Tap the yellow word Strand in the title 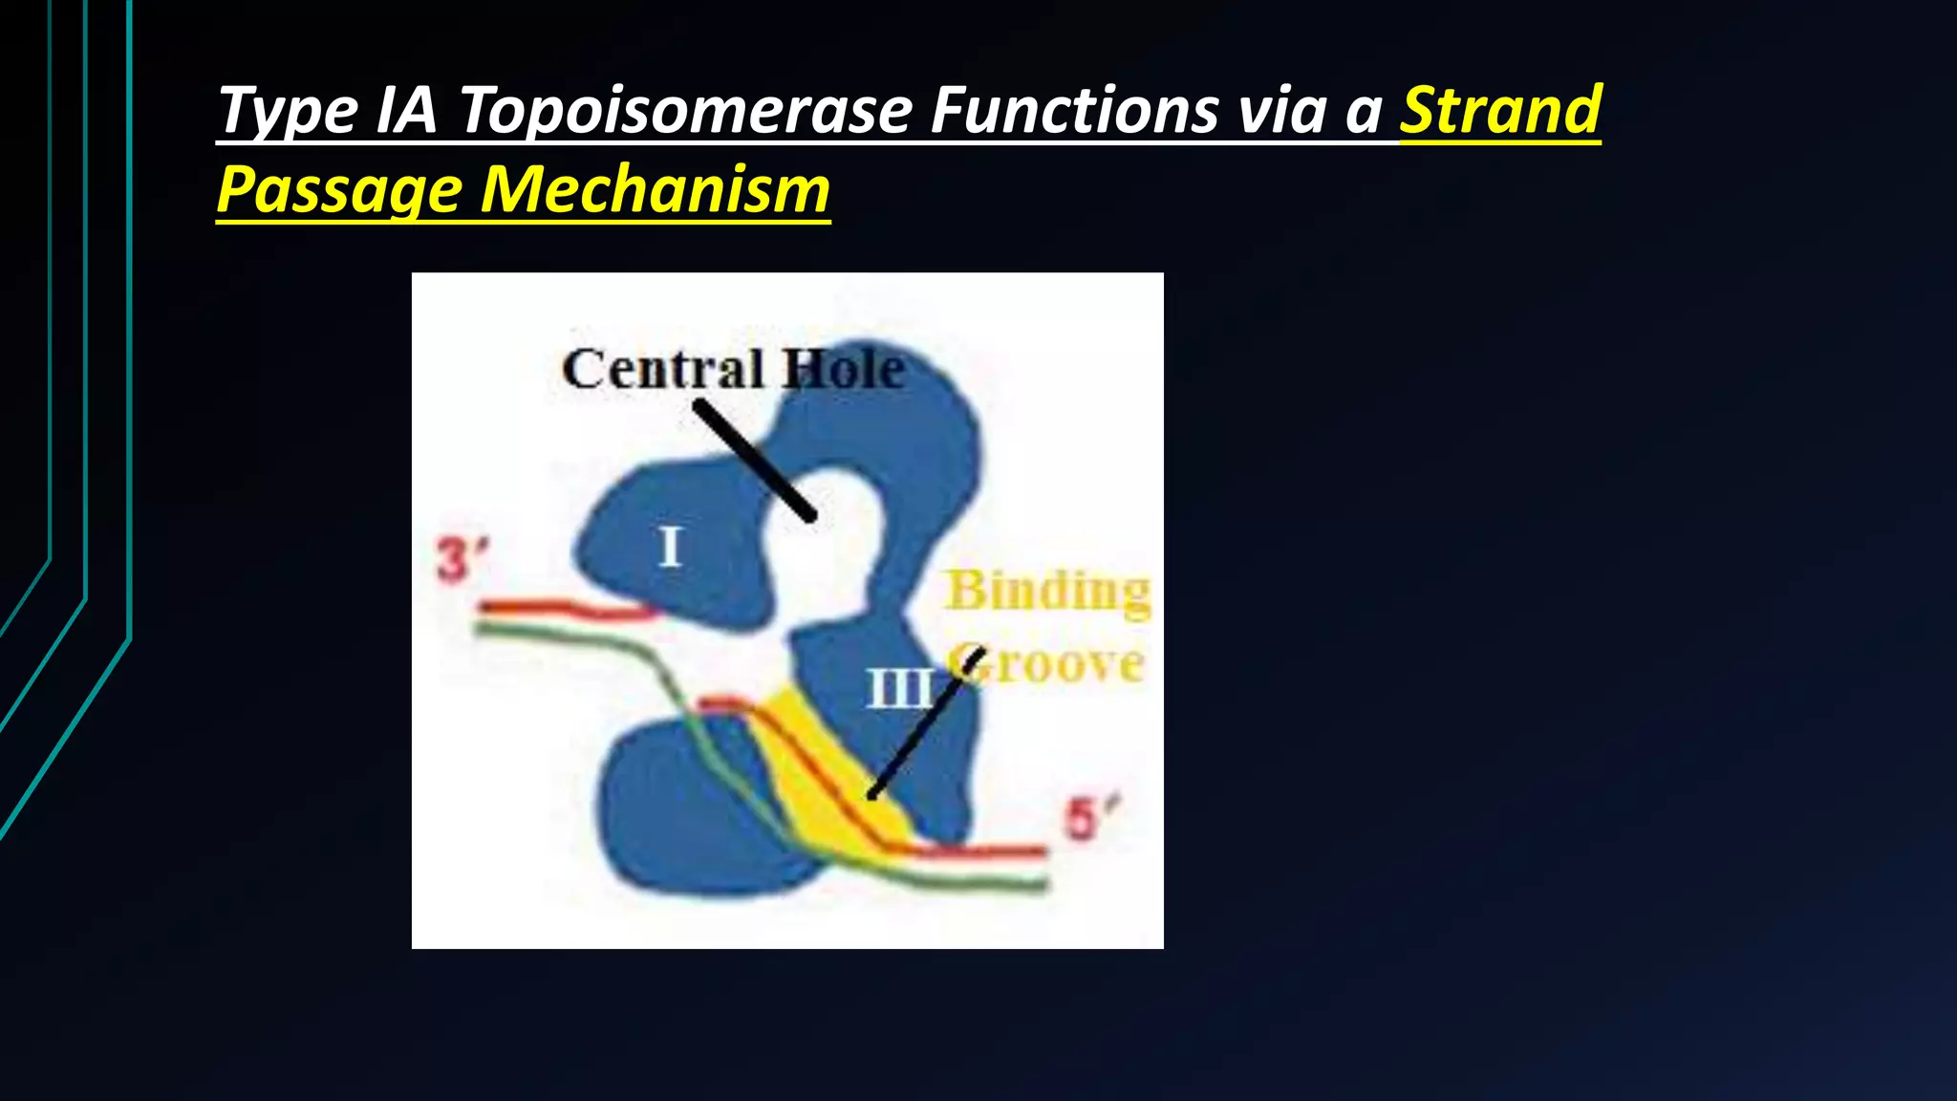point(1500,110)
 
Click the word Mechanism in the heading point(656,189)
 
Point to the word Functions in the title point(1074,110)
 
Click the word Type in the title point(287,111)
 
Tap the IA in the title point(406,110)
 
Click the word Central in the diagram point(663,369)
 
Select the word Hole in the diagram point(844,369)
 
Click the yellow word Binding point(1047,591)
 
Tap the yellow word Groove point(1051,663)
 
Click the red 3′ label point(462,560)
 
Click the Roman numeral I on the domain point(670,548)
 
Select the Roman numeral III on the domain point(898,688)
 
